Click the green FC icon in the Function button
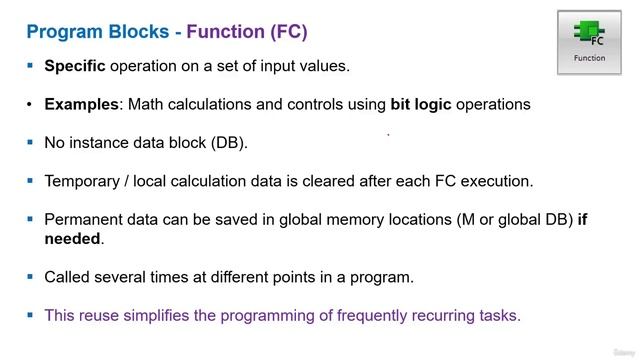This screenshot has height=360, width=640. click(589, 34)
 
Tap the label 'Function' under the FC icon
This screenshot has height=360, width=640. click(589, 58)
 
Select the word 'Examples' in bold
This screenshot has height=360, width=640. click(81, 104)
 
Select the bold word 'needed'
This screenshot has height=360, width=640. click(73, 238)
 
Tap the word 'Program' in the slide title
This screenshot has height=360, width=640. click(62, 31)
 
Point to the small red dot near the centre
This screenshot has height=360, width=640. click(388, 133)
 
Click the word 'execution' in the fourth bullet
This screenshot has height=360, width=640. click(495, 180)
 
